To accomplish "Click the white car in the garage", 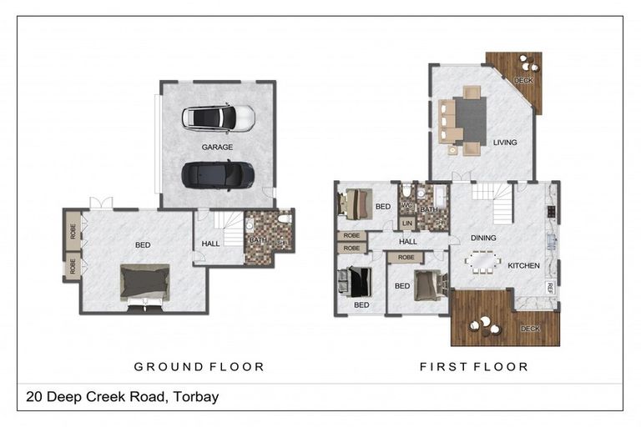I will coord(218,118).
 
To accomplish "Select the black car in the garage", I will coord(218,174).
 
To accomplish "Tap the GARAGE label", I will coord(217,147).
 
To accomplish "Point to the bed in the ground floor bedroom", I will coord(145,282).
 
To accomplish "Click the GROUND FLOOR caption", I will coord(199,366).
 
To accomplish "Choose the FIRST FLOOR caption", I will coord(474,366).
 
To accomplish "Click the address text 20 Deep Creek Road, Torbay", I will coord(123,396).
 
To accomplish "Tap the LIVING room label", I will coord(505,143).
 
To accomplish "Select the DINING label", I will coord(483,238).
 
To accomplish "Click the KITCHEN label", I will coord(524,266).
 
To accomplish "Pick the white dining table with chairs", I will coord(484,262).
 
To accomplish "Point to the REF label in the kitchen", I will coord(551,287).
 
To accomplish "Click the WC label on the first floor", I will coord(407,205).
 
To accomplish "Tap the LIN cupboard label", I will coord(407,224).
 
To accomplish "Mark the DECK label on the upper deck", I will coord(523,81).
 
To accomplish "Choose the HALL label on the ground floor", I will coord(211,244).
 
